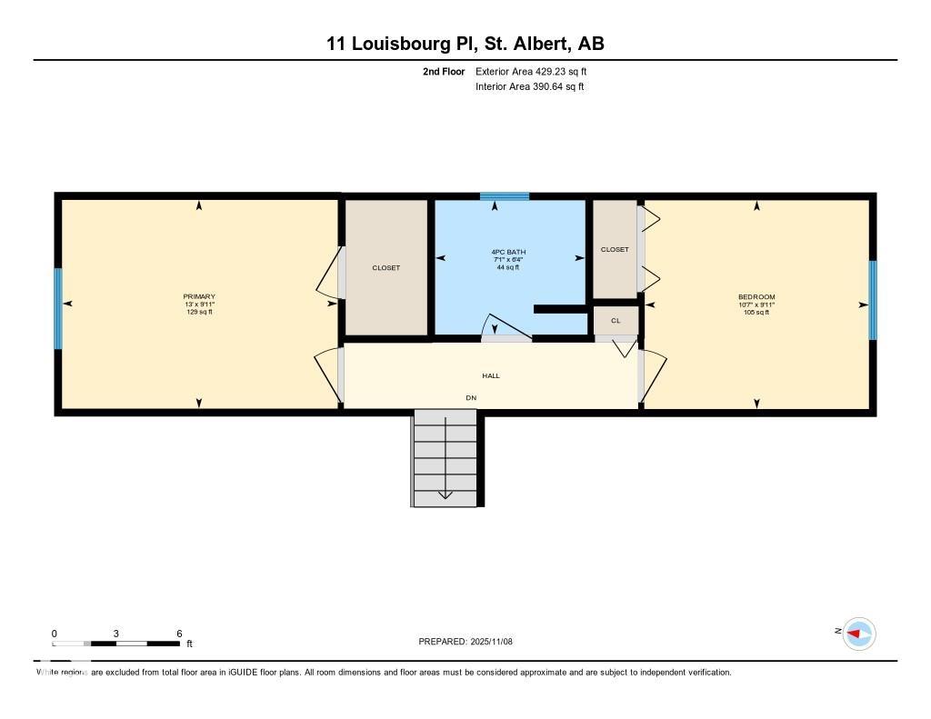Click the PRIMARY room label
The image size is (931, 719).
(199, 296)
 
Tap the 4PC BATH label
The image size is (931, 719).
(508, 252)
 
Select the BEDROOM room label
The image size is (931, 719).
(756, 297)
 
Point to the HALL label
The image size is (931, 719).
(491, 375)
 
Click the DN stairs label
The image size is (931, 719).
(471, 398)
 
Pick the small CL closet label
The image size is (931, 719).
(616, 321)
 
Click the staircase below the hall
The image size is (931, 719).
(445, 458)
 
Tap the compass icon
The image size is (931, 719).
(858, 634)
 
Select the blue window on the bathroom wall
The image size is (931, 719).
(505, 196)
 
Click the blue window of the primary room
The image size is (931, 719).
(58, 309)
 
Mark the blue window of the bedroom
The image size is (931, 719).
(872, 301)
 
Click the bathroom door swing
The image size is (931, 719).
(506, 328)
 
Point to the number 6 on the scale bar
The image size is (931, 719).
(179, 634)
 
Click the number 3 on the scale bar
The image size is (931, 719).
(116, 634)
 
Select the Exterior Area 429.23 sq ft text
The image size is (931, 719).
(531, 71)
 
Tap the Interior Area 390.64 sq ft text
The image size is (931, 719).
(530, 86)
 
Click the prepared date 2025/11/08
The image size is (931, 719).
(492, 641)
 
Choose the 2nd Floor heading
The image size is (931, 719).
(444, 71)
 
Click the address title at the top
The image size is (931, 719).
(465, 44)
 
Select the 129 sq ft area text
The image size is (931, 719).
(199, 312)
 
